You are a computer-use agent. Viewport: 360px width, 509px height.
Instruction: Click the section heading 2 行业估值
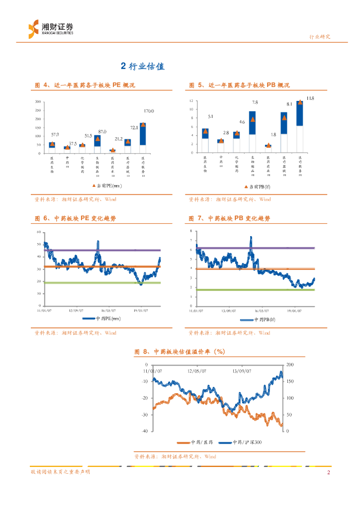point(143,66)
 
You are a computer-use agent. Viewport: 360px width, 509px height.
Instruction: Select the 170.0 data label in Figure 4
point(149,111)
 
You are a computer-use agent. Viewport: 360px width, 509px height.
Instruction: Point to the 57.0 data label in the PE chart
point(55,135)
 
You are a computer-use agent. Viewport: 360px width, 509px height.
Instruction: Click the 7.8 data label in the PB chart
point(255,102)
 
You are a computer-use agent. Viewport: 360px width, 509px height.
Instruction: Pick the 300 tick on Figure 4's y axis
point(38,101)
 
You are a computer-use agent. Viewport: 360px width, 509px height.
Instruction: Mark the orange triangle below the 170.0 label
point(143,125)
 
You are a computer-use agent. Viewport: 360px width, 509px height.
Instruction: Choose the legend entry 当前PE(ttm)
point(107,186)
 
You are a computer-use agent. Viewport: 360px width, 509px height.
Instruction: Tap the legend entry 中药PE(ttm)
point(102,319)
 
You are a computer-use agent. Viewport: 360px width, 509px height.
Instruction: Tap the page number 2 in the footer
point(328,472)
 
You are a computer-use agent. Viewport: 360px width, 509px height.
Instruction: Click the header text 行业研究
point(320,37)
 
